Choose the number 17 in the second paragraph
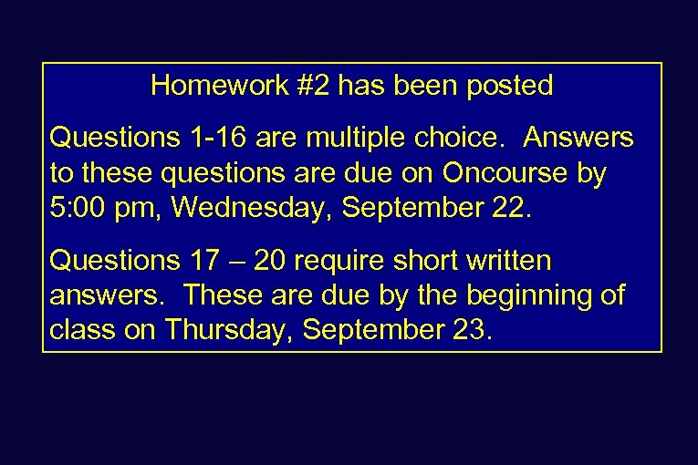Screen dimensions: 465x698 194,262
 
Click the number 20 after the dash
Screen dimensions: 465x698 271,262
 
